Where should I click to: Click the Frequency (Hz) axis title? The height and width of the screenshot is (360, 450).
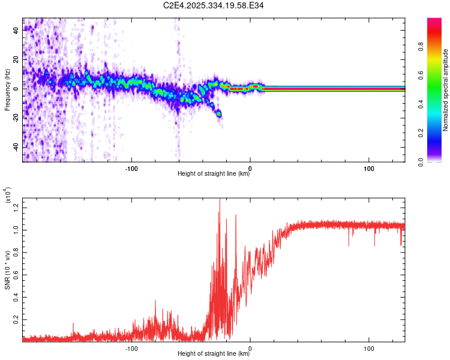click(x=7, y=90)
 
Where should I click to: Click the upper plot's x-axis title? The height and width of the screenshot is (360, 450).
click(x=214, y=175)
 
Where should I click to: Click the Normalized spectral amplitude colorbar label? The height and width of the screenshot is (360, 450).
click(x=446, y=90)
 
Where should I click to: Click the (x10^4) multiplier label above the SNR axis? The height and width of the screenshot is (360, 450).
click(x=8, y=197)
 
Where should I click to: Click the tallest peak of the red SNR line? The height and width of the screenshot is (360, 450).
click(x=219, y=199)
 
